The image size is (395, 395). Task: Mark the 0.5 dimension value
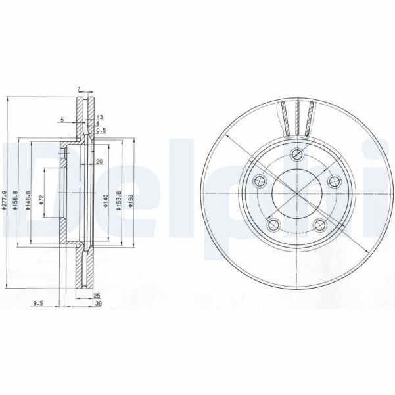click(x=100, y=130)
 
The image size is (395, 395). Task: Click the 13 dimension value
click(x=99, y=117)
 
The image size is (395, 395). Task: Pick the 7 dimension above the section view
click(x=78, y=89)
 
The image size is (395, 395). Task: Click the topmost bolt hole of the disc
click(x=296, y=155)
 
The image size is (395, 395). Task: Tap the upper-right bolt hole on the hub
click(x=333, y=181)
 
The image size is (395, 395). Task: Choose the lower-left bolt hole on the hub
click(x=273, y=224)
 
